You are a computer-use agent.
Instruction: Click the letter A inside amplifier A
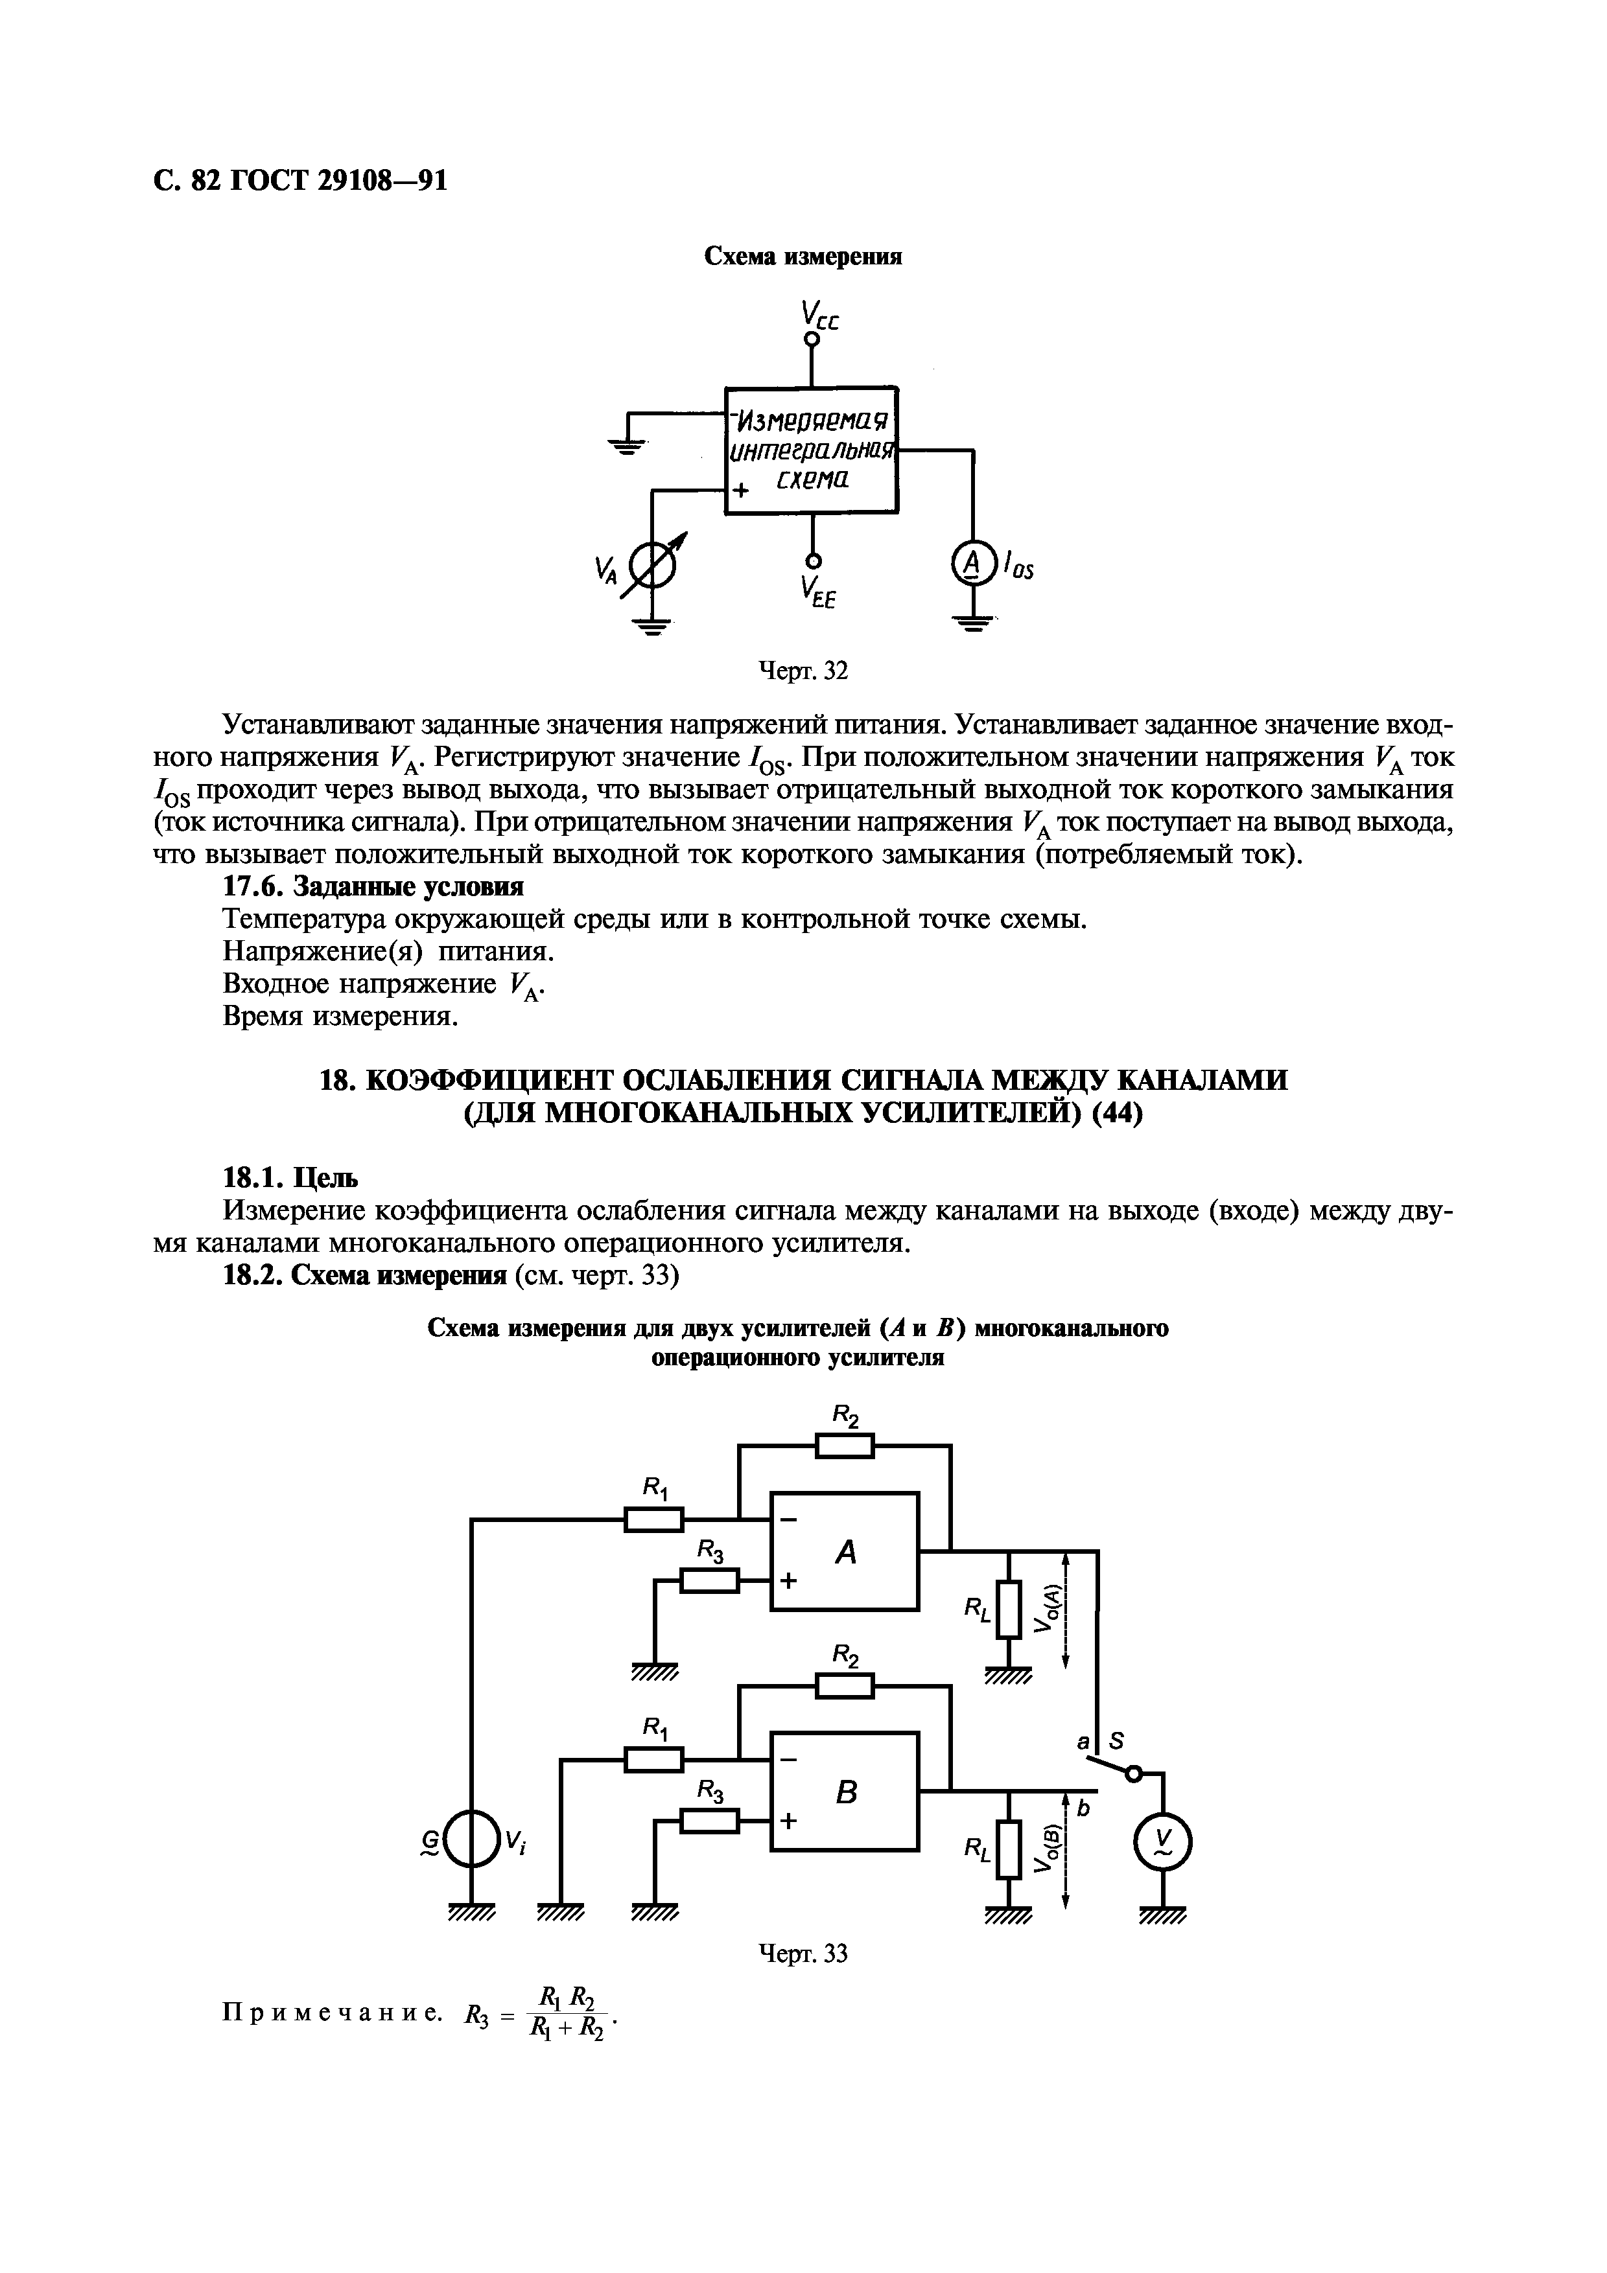(845, 1552)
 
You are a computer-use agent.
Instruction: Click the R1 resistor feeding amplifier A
(653, 1519)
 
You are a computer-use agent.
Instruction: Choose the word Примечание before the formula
(332, 2013)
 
